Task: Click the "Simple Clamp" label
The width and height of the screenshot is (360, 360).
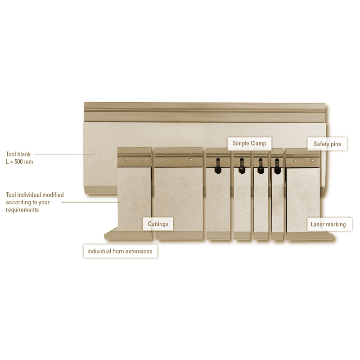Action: click(x=249, y=144)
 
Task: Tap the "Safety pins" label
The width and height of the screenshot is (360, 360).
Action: click(x=327, y=144)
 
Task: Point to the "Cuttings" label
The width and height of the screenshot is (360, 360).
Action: click(x=158, y=224)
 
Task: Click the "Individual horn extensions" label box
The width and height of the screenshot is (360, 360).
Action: click(x=120, y=251)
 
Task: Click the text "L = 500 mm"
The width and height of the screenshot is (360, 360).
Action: click(x=19, y=162)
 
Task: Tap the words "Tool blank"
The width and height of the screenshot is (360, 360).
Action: click(x=18, y=154)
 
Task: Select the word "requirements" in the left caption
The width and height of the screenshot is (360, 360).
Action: click(x=22, y=210)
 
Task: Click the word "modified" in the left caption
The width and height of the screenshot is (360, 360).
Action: click(x=53, y=195)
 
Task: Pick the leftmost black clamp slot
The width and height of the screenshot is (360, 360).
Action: click(x=218, y=166)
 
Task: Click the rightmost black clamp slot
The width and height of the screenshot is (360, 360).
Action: click(x=277, y=166)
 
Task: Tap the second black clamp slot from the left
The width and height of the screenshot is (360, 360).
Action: click(x=242, y=166)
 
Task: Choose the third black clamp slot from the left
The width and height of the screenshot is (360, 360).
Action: click(x=261, y=166)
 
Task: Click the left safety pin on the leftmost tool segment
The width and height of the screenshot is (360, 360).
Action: click(x=126, y=159)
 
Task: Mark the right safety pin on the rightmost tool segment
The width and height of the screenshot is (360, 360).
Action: click(x=312, y=161)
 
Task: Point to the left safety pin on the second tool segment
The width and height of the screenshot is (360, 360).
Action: click(x=166, y=160)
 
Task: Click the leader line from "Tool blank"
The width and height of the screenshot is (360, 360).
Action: click(x=64, y=155)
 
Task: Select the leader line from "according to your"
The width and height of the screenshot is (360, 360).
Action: click(x=91, y=202)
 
